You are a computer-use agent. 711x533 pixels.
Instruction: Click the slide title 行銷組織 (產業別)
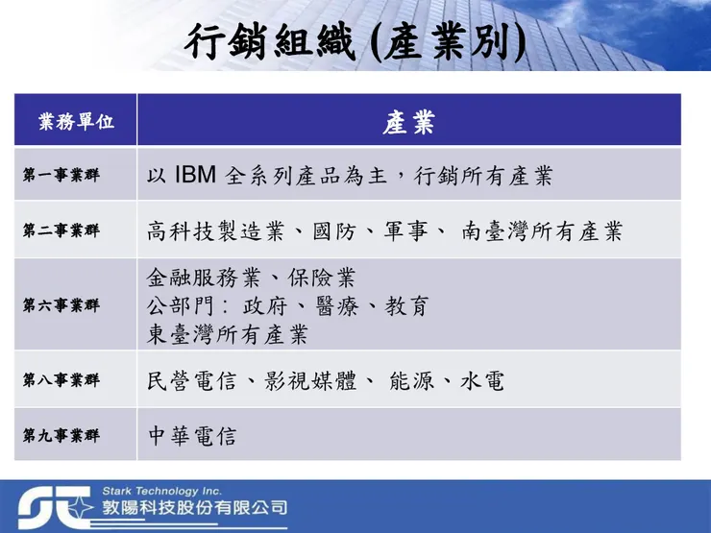355,44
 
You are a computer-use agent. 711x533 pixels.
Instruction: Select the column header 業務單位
76,122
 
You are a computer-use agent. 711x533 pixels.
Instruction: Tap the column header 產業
408,122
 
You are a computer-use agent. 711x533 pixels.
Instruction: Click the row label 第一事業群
61,177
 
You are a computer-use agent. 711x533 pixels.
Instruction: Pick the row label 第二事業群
61,230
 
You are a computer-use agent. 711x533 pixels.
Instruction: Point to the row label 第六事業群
61,305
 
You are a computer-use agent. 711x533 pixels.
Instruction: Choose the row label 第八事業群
61,380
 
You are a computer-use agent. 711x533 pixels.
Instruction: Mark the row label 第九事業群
61,435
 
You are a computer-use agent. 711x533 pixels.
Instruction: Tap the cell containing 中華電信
191,435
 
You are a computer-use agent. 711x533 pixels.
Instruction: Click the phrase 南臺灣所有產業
542,230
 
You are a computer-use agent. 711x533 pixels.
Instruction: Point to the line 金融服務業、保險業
251,279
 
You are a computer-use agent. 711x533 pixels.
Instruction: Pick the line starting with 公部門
287,306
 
